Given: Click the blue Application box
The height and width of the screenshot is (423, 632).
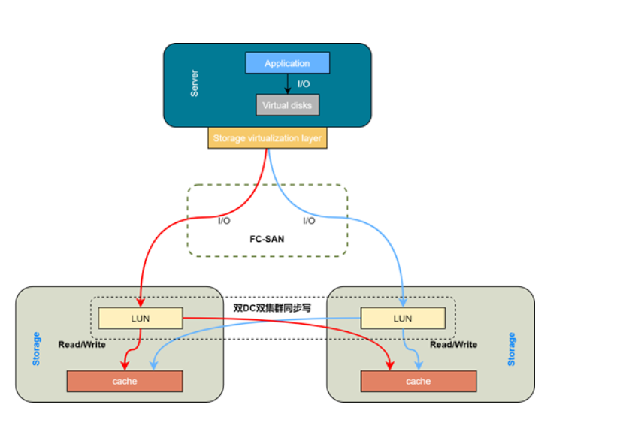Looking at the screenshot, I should [287, 63].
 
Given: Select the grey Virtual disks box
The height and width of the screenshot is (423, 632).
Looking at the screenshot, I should [287, 105].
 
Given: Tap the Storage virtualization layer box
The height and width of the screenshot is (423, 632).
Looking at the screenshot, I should [267, 138].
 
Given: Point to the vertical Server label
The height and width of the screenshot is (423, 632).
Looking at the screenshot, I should [195, 83].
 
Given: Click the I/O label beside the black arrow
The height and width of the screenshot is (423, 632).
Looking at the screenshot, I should [304, 84].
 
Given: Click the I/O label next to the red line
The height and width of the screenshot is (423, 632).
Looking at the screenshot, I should [224, 221].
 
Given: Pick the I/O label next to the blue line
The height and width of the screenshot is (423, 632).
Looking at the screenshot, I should [309, 221].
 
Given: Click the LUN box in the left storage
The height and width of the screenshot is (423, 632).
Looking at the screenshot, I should [141, 318].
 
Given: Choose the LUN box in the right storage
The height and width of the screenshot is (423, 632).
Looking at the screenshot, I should [403, 318].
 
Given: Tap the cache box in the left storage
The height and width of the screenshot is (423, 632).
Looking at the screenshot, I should [125, 381].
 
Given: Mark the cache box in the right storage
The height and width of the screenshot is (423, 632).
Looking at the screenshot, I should [418, 381].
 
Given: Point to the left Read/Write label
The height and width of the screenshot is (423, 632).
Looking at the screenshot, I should [82, 344].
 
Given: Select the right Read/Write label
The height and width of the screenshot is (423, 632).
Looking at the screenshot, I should [453, 344].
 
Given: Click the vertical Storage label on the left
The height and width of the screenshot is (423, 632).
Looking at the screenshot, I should [36, 349].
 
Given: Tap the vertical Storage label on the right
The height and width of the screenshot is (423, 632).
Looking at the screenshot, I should [512, 349].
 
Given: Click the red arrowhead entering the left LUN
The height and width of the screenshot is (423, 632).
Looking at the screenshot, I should [141, 303].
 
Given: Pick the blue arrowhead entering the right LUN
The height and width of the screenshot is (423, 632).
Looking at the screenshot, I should [403, 303].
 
